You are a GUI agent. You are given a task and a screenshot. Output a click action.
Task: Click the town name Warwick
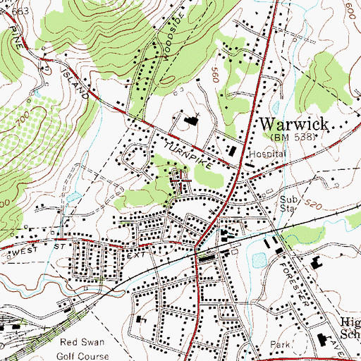295,124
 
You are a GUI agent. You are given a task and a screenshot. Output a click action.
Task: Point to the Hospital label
269,153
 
